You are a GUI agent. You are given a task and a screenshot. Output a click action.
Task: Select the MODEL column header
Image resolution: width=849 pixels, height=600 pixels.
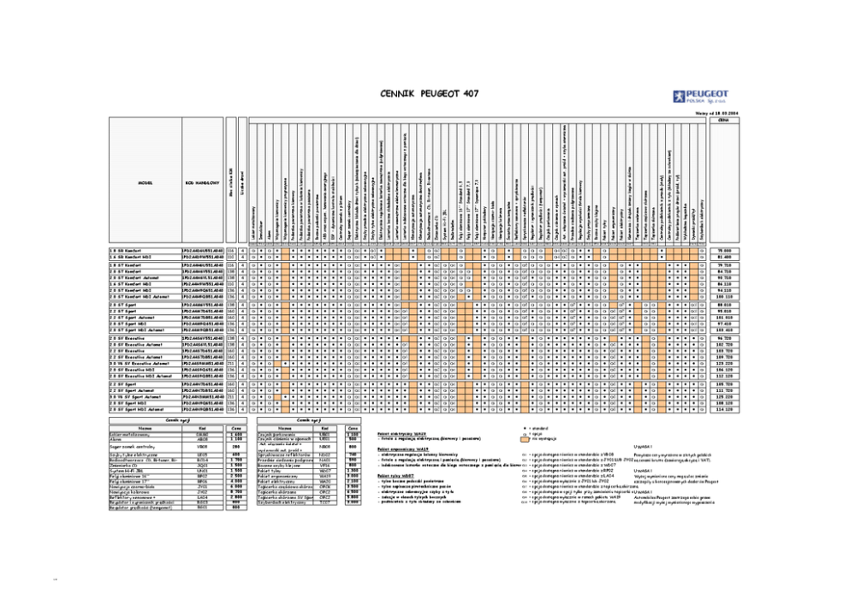[145, 182]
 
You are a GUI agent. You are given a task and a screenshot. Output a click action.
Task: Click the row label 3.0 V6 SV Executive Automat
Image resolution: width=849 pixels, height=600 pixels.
[141, 362]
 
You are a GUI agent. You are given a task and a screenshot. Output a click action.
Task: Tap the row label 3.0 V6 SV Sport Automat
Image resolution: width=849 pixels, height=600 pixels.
[137, 396]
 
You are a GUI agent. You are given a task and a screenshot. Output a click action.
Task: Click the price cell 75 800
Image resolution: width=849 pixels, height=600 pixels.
[724, 250]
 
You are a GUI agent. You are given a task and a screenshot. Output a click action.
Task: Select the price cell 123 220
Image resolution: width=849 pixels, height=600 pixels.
[724, 362]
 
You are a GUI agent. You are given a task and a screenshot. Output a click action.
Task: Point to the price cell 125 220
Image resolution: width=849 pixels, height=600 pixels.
[724, 396]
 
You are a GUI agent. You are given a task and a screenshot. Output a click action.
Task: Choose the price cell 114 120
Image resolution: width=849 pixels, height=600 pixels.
[724, 410]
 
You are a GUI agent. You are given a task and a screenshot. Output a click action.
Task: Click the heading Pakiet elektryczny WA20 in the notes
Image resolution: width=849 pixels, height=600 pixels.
[401, 434]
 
